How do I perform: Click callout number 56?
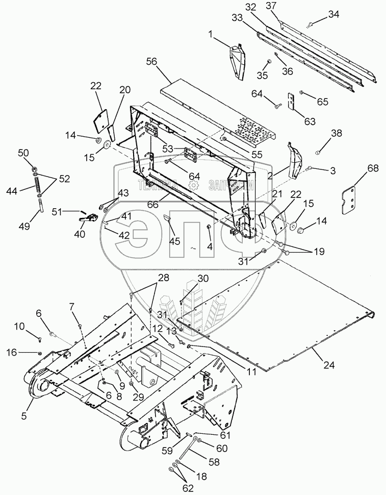click(151, 62)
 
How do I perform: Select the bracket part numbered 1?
click(238, 61)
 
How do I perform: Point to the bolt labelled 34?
click(312, 23)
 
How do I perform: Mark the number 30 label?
click(203, 279)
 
